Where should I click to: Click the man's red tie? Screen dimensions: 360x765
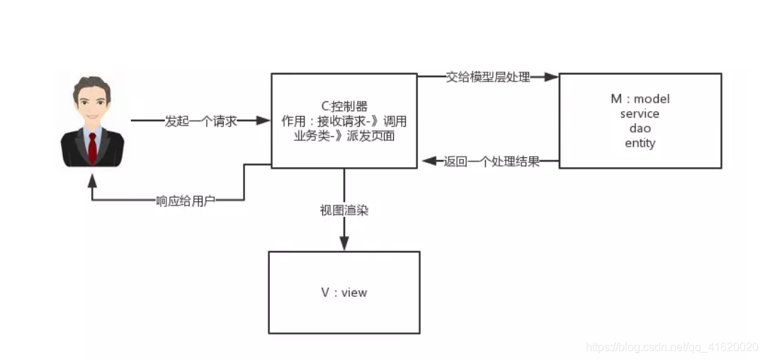(x=92, y=145)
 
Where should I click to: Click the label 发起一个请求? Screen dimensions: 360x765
(x=200, y=121)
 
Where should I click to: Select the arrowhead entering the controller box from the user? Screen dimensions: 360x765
(x=263, y=121)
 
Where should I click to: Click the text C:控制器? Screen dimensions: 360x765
(x=344, y=107)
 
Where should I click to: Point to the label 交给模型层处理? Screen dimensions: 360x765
(x=488, y=77)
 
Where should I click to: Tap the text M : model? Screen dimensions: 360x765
(x=640, y=99)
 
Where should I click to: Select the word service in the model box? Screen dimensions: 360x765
(x=640, y=113)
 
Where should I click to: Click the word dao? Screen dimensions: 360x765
(x=640, y=128)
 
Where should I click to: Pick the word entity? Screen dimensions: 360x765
(x=640, y=143)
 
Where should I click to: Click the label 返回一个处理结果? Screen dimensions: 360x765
(x=492, y=162)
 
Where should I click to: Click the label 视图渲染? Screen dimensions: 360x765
(x=344, y=210)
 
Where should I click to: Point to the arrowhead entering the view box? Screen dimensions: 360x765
(x=344, y=244)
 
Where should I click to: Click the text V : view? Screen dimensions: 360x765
(x=344, y=292)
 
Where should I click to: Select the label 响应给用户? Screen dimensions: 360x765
(x=186, y=201)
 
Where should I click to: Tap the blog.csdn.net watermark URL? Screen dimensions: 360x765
(x=673, y=347)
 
